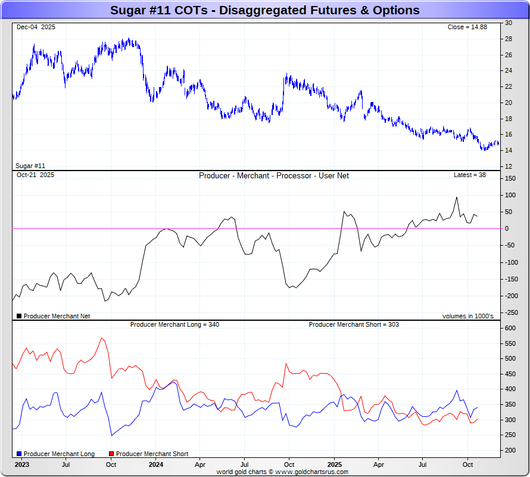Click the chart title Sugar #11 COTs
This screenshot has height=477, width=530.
pyautogui.click(x=264, y=11)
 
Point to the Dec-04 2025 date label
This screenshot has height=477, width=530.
pyautogui.click(x=36, y=27)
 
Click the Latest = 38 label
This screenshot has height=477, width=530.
pyautogui.click(x=470, y=175)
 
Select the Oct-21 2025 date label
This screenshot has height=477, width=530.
pyautogui.click(x=35, y=175)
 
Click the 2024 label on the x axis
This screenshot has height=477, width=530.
pyautogui.click(x=155, y=464)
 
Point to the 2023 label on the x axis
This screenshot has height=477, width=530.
pyautogui.click(x=21, y=464)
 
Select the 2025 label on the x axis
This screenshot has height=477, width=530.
pyautogui.click(x=334, y=464)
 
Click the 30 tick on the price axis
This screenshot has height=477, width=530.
pyautogui.click(x=509, y=23)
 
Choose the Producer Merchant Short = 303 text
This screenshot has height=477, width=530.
pyautogui.click(x=354, y=324)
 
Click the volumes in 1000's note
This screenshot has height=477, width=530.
pyautogui.click(x=467, y=316)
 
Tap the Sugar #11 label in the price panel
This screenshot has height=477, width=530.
pyautogui.click(x=31, y=166)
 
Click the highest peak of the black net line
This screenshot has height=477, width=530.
pyautogui.click(x=457, y=197)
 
